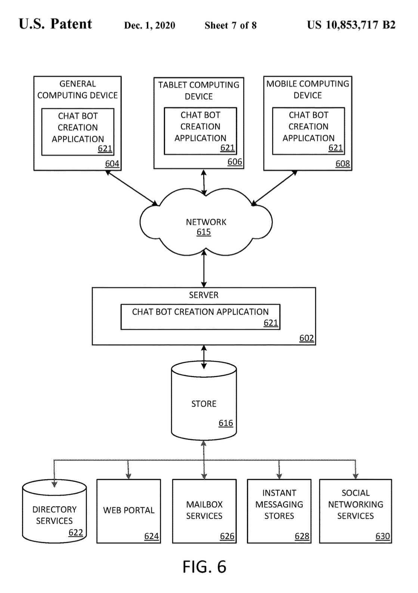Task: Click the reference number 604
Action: [x=112, y=163]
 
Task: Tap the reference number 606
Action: [x=235, y=162]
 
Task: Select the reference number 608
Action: [x=343, y=163]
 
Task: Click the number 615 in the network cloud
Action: [x=204, y=232]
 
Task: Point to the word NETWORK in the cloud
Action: [x=206, y=222]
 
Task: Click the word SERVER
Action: [x=204, y=295]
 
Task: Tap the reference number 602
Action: [x=306, y=338]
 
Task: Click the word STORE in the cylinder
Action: [x=204, y=404]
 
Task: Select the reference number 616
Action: [x=226, y=423]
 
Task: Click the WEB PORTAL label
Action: [x=129, y=510]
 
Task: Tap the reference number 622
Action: [x=75, y=532]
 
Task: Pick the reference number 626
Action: [x=227, y=536]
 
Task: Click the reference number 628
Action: [x=302, y=536]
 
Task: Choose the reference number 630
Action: [x=383, y=536]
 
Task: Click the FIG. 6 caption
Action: [x=204, y=567]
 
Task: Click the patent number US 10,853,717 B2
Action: [x=351, y=25]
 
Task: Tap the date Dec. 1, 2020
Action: [x=150, y=25]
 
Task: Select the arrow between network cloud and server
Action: [x=204, y=269]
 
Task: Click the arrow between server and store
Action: [x=204, y=357]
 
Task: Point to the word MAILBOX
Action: [x=204, y=504]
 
